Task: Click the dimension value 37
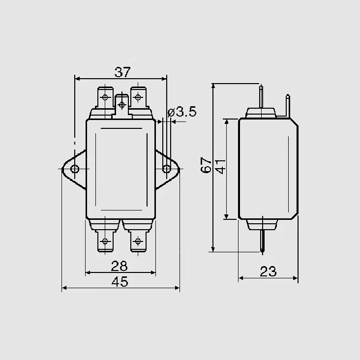122,72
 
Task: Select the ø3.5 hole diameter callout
182,112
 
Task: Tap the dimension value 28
119,266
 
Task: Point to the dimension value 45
120,281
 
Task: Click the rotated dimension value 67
206,165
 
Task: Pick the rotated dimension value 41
221,166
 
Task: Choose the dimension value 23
268,271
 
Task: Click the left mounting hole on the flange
75,169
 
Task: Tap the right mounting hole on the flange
167,169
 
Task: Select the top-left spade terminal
105,97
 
